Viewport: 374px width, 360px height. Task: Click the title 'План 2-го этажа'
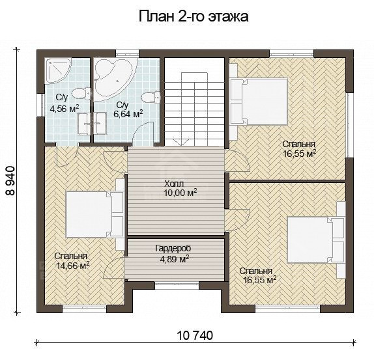click(194, 17)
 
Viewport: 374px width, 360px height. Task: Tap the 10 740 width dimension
click(195, 335)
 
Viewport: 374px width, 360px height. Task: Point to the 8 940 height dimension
click(10, 181)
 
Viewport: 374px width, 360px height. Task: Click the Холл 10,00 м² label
click(180, 188)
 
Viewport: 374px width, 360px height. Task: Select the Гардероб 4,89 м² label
click(173, 253)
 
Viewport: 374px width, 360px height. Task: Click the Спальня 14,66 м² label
click(72, 261)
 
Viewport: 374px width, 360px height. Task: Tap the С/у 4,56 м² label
click(64, 104)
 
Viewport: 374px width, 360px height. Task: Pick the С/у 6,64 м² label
click(128, 109)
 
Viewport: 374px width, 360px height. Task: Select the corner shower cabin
click(58, 70)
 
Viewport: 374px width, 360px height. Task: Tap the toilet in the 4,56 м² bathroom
click(81, 93)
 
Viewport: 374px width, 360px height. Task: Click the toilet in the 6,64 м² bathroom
click(151, 98)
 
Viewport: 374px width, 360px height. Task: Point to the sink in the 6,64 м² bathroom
click(100, 124)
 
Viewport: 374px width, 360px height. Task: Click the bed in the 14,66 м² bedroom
click(95, 214)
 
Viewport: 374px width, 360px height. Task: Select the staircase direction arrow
click(181, 143)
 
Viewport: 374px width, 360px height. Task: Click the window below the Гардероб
click(177, 284)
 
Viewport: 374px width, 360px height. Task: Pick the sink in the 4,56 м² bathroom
click(84, 124)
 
